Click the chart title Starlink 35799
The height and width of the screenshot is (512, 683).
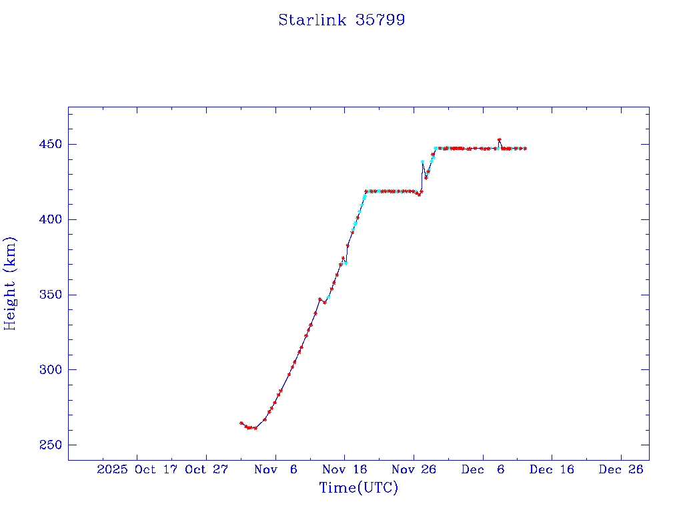pyautogui.click(x=341, y=21)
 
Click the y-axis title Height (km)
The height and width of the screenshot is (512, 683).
pyautogui.click(x=11, y=283)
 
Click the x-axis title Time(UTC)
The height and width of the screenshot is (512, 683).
pyautogui.click(x=358, y=488)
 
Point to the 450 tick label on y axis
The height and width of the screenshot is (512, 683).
pyautogui.click(x=49, y=145)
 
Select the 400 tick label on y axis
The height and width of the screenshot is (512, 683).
pyautogui.click(x=49, y=220)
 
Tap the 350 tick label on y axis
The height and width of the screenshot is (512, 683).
pyautogui.click(x=49, y=295)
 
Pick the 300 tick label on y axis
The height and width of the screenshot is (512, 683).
pyautogui.click(x=49, y=370)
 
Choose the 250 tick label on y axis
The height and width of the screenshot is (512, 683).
pyautogui.click(x=49, y=445)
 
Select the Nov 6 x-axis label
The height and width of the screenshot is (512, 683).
pyautogui.click(x=275, y=469)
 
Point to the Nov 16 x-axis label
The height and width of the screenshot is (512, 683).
pyautogui.click(x=344, y=469)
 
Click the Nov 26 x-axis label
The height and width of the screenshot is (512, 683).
pyautogui.click(x=414, y=469)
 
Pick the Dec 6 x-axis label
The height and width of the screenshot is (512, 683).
pyautogui.click(x=482, y=469)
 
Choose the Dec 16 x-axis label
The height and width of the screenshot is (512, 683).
pyautogui.click(x=552, y=469)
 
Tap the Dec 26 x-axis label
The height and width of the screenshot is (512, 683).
pyautogui.click(x=620, y=469)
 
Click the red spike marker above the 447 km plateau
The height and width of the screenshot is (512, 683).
pyautogui.click(x=500, y=140)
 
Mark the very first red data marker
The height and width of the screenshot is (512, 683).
pyautogui.click(x=241, y=423)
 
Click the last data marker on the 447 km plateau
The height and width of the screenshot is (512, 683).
pyautogui.click(x=526, y=149)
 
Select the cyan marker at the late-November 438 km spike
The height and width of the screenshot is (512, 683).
pyautogui.click(x=422, y=162)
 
